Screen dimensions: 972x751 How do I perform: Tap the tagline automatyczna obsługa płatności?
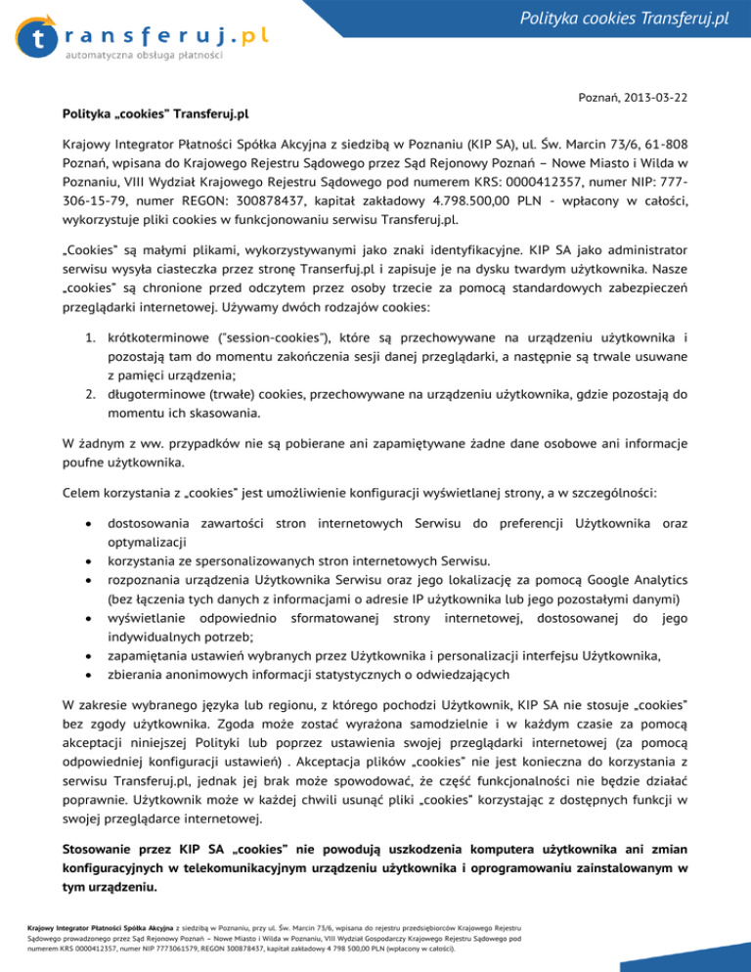click(145, 56)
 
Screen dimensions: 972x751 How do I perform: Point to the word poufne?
click(83, 463)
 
